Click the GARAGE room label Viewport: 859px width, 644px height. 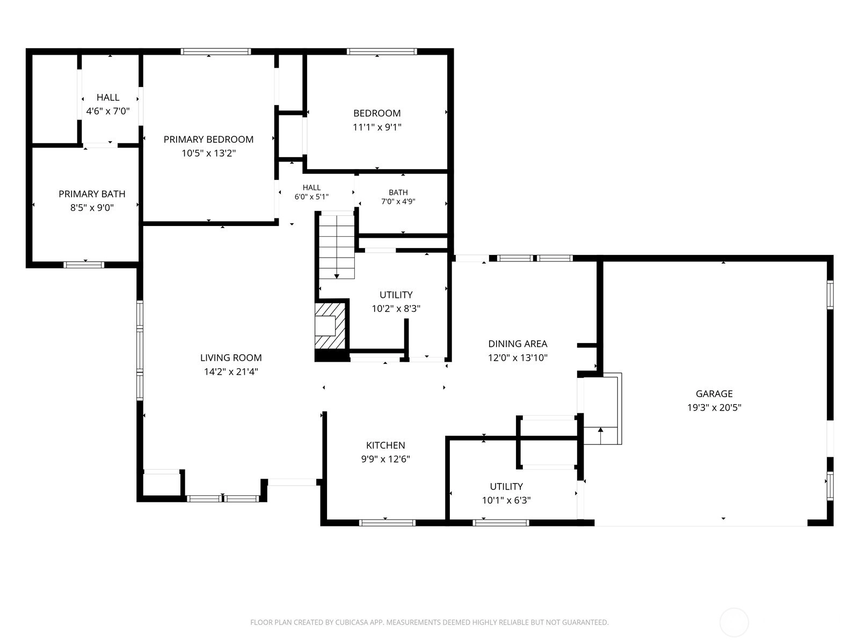[x=714, y=394]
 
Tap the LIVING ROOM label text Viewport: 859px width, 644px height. [x=231, y=358]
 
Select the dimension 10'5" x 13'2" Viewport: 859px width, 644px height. [x=209, y=153]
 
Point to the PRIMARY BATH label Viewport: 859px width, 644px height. [x=92, y=194]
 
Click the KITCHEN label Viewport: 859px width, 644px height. [x=385, y=445]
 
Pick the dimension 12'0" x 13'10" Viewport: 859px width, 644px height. [x=518, y=358]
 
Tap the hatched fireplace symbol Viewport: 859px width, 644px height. [x=330, y=326]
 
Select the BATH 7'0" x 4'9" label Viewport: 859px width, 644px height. [x=398, y=197]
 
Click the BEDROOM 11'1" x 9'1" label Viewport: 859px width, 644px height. [x=377, y=120]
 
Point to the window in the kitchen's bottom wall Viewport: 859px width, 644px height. [x=387, y=523]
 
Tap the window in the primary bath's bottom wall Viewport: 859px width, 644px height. [x=84, y=265]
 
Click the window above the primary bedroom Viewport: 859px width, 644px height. [x=216, y=52]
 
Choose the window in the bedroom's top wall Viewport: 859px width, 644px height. [x=382, y=52]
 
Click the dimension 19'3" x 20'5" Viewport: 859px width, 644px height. [x=714, y=408]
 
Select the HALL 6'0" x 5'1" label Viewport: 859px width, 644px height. [x=311, y=192]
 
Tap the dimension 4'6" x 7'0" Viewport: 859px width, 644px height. [x=108, y=112]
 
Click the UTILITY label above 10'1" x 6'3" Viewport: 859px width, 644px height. [x=506, y=486]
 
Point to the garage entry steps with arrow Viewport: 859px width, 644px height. [x=600, y=408]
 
